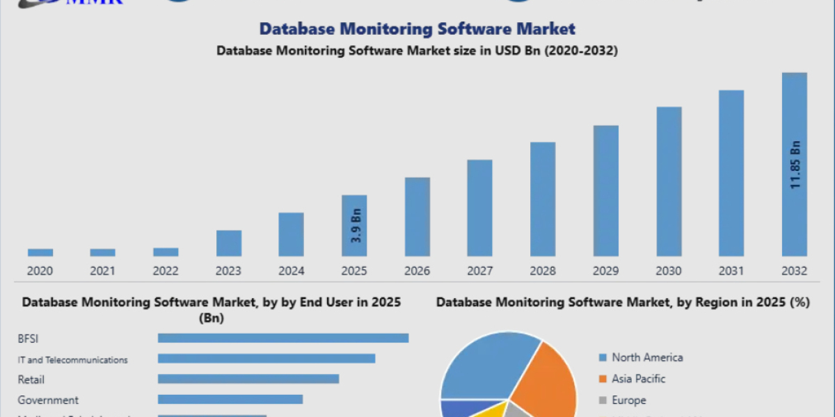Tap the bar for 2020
click(x=40, y=252)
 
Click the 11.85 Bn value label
click(x=795, y=164)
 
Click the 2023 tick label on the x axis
click(x=228, y=271)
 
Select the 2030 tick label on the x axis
click(x=669, y=271)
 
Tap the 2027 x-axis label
click(x=480, y=271)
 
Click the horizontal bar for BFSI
click(x=283, y=338)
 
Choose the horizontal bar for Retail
click(x=248, y=379)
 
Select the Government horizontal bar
click(x=230, y=399)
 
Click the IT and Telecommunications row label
click(x=72, y=359)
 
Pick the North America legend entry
click(x=646, y=357)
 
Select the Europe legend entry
click(x=628, y=400)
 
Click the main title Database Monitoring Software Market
click(x=417, y=28)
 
